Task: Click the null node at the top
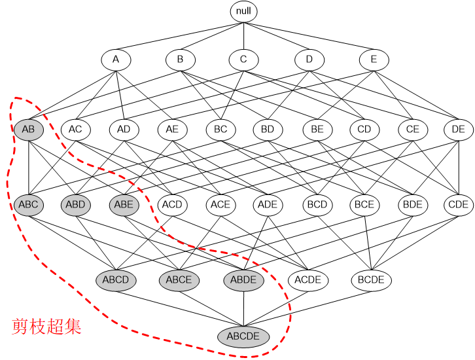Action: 244,11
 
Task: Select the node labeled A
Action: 116,60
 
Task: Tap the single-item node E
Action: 374,60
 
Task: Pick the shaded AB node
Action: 28,129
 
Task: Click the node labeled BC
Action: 220,129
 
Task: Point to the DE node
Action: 458,129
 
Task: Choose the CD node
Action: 364,129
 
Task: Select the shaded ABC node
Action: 28,204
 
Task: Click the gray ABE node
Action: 124,204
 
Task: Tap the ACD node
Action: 172,204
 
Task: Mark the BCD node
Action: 317,204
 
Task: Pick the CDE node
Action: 458,204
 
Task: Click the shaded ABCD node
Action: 116,280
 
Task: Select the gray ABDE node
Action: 244,280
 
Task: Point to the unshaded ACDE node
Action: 308,280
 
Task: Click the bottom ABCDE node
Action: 244,336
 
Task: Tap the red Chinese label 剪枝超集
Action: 46,327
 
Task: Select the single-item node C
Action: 244,60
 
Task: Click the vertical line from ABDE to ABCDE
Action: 244,308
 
